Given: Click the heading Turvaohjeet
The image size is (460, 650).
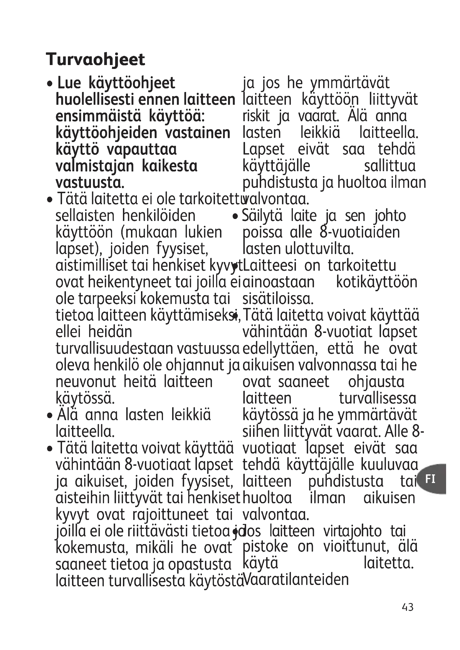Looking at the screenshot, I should [95, 59].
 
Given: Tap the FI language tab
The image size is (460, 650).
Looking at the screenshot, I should [430, 479].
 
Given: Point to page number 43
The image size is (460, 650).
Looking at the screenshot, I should [408, 615].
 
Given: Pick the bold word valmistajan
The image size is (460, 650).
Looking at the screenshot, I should [95, 166].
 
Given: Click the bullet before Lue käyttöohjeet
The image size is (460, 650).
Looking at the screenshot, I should [50, 84].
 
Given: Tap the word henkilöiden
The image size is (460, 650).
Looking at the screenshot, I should [159, 216].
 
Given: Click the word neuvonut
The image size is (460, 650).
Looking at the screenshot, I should [86, 382].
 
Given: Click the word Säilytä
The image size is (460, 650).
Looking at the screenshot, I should [262, 216].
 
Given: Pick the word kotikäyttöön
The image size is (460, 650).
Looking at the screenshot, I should [377, 282].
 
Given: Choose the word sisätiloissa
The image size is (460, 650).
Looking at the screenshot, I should [278, 299].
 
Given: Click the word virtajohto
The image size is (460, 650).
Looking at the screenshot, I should [352, 531].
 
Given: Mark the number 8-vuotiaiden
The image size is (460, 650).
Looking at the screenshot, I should [360, 232].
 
